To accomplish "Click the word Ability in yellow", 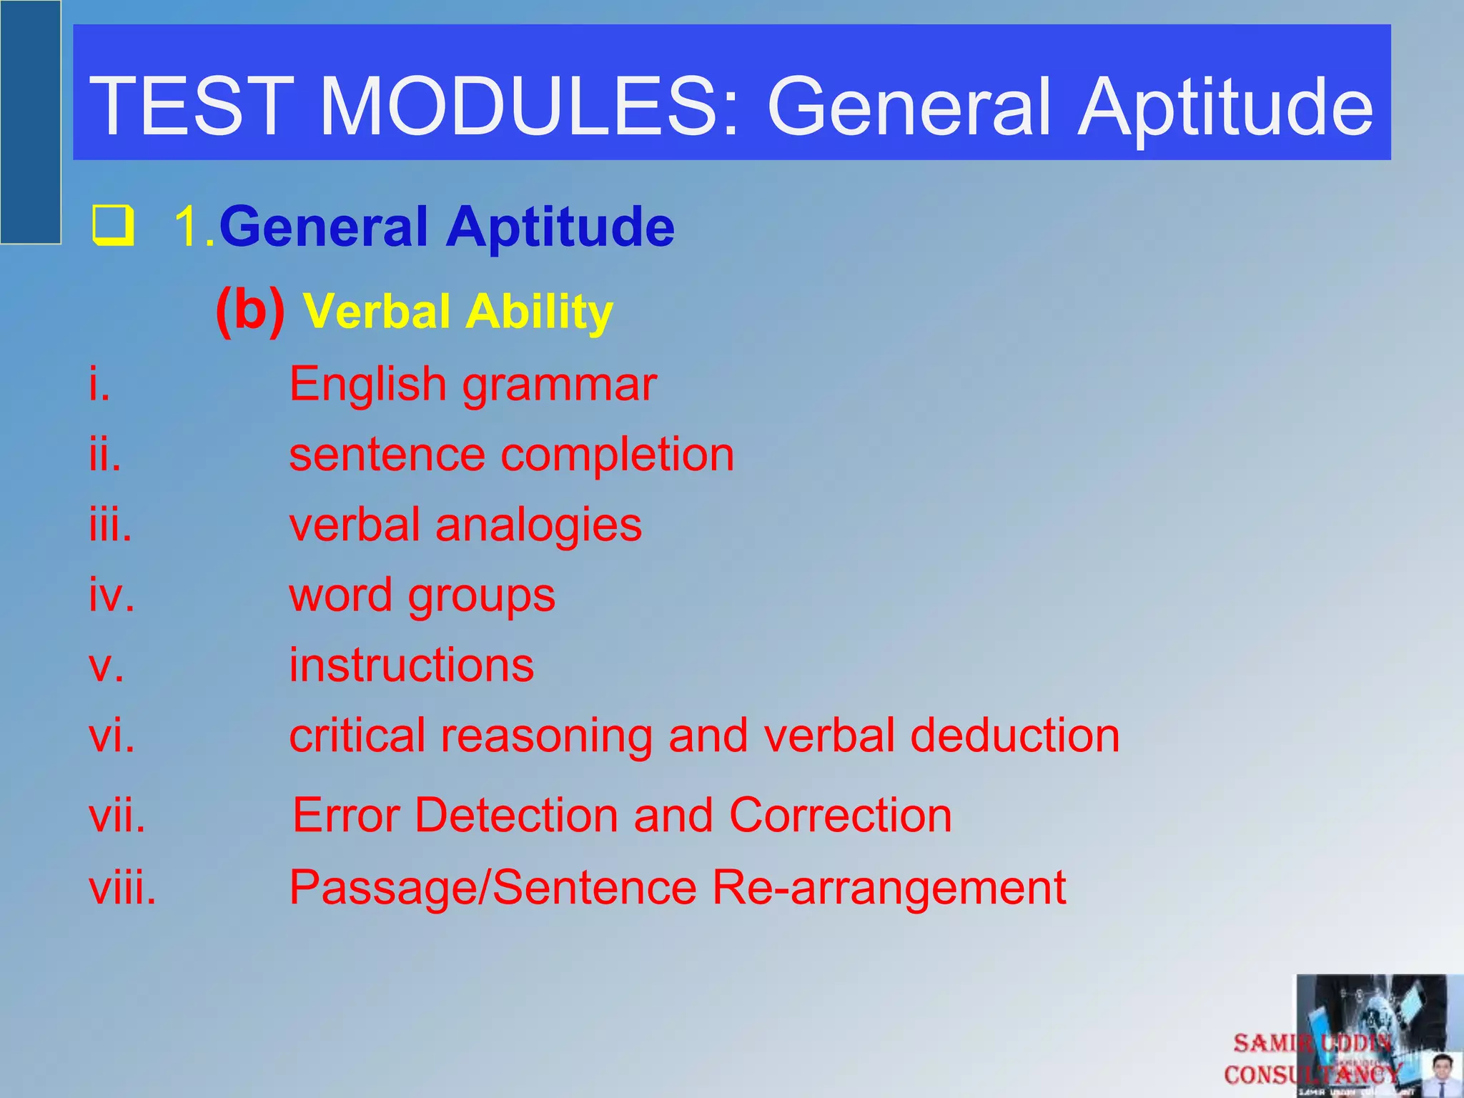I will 540,313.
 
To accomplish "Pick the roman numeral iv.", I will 112,595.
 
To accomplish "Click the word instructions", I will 411,665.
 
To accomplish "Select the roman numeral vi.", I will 112,736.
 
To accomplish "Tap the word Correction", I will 840,815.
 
